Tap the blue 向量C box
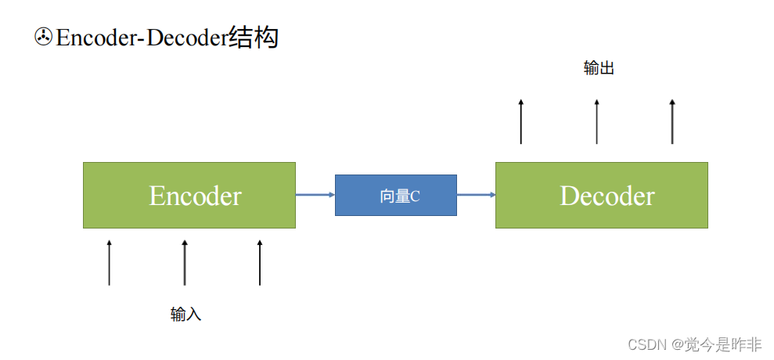(x=395, y=195)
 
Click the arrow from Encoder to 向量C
(x=315, y=195)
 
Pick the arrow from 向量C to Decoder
(x=476, y=195)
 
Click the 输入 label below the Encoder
(x=185, y=315)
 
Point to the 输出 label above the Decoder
(x=599, y=68)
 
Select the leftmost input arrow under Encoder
(x=110, y=263)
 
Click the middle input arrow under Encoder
(x=185, y=263)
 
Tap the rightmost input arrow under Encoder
(x=260, y=263)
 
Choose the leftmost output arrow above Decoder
(x=521, y=121)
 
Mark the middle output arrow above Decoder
(x=596, y=121)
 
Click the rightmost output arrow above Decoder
(x=671, y=121)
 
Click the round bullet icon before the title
(x=43, y=37)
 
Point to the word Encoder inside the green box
(x=195, y=196)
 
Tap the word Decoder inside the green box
(x=607, y=196)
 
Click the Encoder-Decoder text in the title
(x=141, y=38)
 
